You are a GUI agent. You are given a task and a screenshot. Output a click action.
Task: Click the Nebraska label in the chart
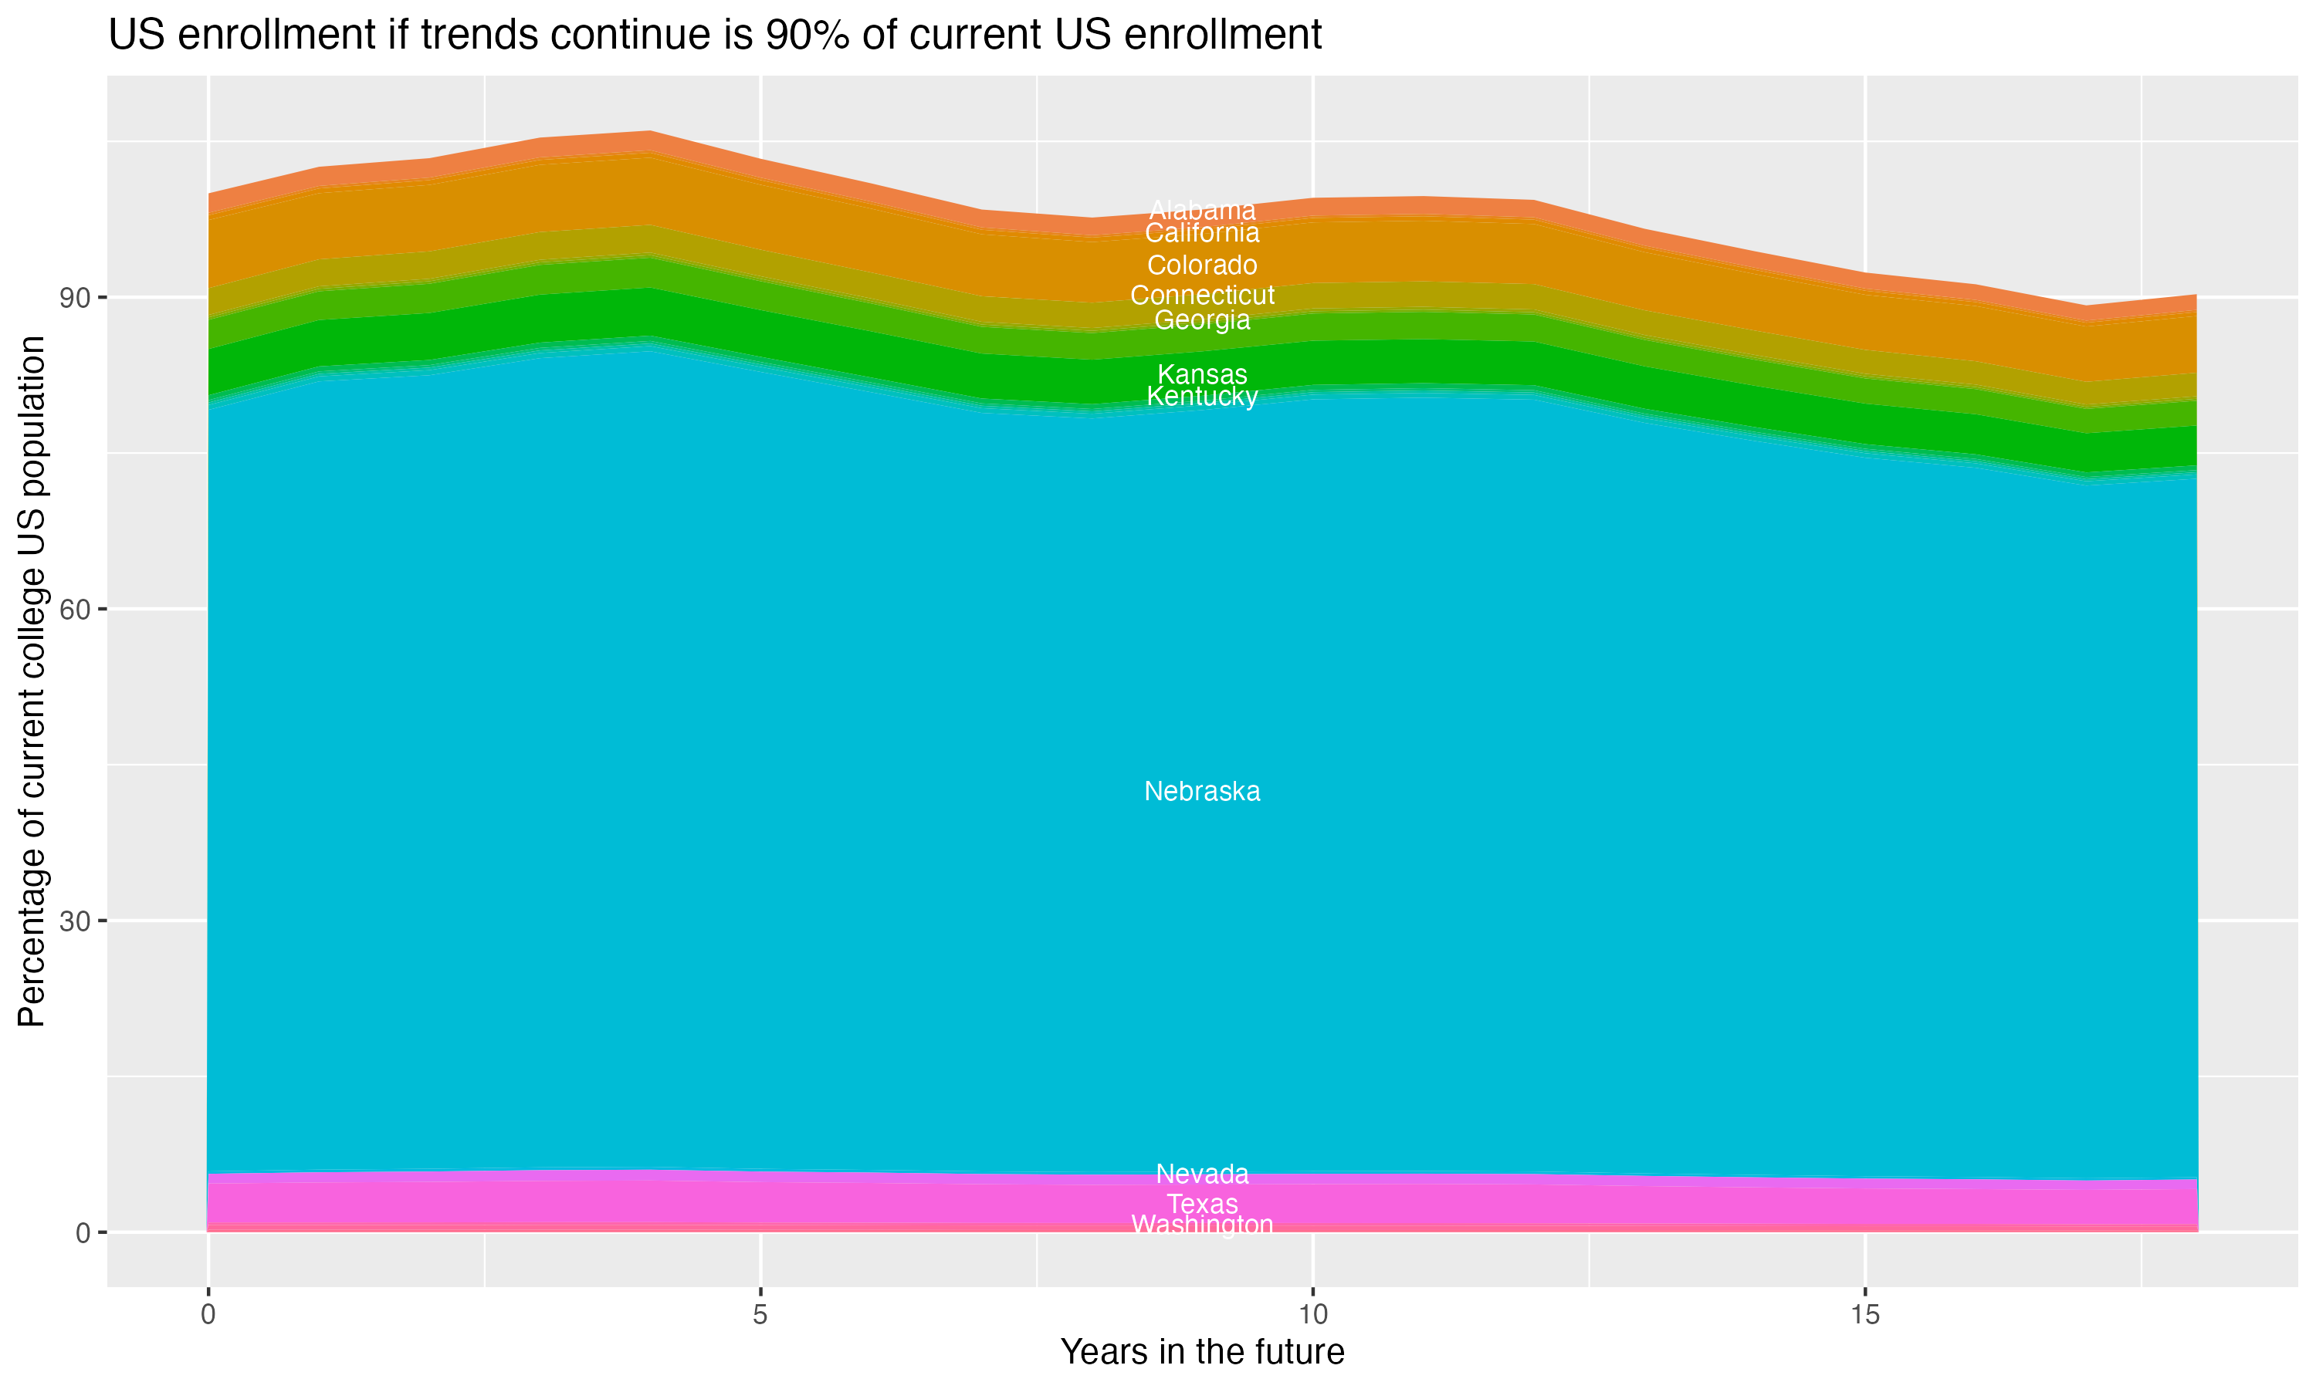[x=1202, y=792]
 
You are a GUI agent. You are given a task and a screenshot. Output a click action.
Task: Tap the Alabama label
[x=1202, y=211]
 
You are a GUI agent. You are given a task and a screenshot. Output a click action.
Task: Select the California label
[x=1202, y=233]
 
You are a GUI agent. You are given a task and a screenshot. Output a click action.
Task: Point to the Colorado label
[x=1202, y=265]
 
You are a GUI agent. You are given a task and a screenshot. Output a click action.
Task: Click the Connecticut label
[x=1202, y=296]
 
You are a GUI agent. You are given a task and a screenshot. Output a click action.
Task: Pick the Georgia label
[x=1202, y=320]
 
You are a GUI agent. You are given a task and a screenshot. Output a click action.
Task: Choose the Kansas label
[x=1202, y=374]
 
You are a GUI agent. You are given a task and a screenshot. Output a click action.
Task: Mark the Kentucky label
[x=1202, y=397]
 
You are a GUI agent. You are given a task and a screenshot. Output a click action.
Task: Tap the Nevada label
[x=1202, y=1174]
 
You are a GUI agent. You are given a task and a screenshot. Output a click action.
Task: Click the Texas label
[x=1202, y=1204]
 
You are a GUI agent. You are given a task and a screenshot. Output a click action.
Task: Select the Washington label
[x=1202, y=1225]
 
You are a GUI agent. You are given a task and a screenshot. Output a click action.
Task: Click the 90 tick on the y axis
[x=75, y=299]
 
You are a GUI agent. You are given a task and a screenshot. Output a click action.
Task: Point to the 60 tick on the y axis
[x=75, y=610]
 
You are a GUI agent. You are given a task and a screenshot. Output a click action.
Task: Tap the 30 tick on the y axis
[x=75, y=922]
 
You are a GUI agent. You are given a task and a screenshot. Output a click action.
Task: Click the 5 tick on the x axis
[x=760, y=1315]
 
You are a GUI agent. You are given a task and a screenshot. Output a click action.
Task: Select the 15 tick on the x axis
[x=1865, y=1315]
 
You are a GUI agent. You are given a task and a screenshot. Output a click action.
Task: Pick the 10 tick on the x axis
[x=1312, y=1315]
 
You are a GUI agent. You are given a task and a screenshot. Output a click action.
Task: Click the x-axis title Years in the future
[x=1202, y=1353]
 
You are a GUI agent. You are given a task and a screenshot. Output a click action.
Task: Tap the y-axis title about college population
[x=32, y=681]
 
